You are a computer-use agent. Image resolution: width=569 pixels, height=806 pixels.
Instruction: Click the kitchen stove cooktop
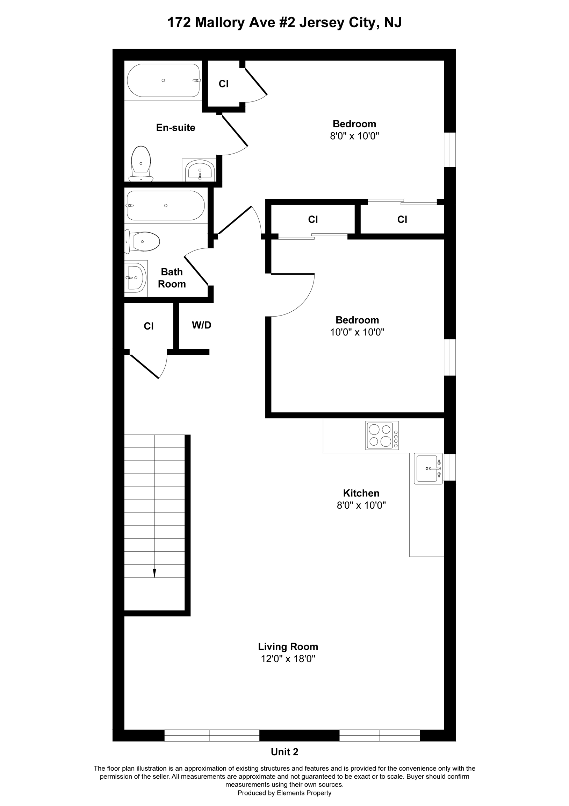pyautogui.click(x=382, y=435)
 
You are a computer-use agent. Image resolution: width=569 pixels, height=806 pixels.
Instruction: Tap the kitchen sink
pyautogui.click(x=428, y=469)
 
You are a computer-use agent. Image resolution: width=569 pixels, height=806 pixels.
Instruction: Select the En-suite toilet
pyautogui.click(x=141, y=164)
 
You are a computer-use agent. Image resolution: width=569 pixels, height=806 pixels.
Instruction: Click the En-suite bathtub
pyautogui.click(x=164, y=80)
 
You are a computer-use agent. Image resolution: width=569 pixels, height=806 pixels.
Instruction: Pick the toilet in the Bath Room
pyautogui.click(x=143, y=241)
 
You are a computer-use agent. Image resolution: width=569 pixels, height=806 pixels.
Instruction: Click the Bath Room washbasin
pyautogui.click(x=136, y=277)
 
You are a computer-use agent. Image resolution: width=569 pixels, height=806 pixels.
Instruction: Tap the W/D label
pyautogui.click(x=201, y=325)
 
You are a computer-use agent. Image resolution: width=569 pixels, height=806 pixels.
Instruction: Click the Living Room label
pyautogui.click(x=288, y=646)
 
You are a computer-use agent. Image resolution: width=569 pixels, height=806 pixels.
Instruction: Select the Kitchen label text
pyautogui.click(x=361, y=493)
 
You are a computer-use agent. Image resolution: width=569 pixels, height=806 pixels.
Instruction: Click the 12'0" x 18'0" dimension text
pyautogui.click(x=288, y=659)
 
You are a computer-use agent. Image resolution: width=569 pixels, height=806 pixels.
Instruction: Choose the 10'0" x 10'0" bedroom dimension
pyautogui.click(x=357, y=332)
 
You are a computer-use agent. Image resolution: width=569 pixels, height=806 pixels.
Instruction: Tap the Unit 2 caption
pyautogui.click(x=284, y=751)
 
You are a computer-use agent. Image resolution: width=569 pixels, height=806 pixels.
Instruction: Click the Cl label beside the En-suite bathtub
pyautogui.click(x=223, y=84)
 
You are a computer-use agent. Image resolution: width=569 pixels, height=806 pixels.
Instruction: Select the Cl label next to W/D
pyautogui.click(x=149, y=326)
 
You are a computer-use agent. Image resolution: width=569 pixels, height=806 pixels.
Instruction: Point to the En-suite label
pyautogui.click(x=175, y=128)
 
